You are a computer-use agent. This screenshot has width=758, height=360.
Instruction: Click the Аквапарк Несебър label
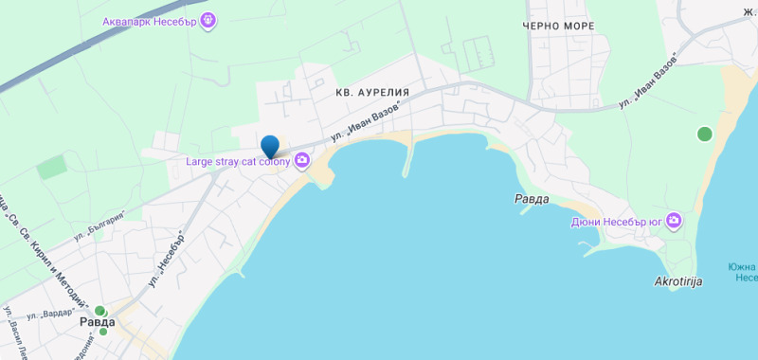pyautogui.click(x=151, y=19)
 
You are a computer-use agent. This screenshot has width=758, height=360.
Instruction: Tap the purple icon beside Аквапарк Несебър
pyautogui.click(x=208, y=19)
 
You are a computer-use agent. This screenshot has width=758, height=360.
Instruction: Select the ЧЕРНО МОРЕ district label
pyautogui.click(x=558, y=26)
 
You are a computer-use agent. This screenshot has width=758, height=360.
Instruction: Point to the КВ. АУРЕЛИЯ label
pyautogui.click(x=372, y=93)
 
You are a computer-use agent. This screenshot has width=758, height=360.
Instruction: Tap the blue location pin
pyautogui.click(x=270, y=145)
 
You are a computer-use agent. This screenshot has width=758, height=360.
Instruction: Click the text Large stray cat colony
pyautogui.click(x=238, y=161)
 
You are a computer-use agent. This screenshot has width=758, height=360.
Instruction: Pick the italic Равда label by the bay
pyautogui.click(x=532, y=199)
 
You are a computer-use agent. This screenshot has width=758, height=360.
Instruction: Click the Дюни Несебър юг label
pyautogui.click(x=615, y=222)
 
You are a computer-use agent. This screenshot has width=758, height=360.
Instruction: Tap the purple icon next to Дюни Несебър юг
pyautogui.click(x=674, y=222)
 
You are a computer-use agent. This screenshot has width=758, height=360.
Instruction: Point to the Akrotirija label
pyautogui.click(x=678, y=281)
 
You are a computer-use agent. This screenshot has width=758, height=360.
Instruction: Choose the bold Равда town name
pyautogui.click(x=98, y=322)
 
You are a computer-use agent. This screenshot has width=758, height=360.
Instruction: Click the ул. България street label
pyautogui.click(x=102, y=226)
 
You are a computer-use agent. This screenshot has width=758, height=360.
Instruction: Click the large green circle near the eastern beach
pyautogui.click(x=704, y=134)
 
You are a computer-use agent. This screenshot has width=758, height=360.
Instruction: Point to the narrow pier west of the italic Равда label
pyautogui.click(x=409, y=162)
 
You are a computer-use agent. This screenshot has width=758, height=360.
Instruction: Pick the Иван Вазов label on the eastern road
pyautogui.click(x=650, y=80)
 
